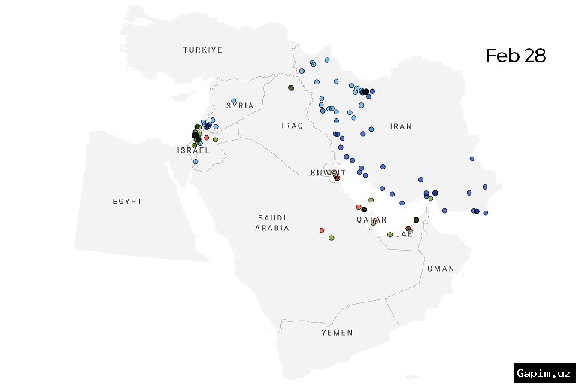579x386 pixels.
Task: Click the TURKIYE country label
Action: (x=203, y=50)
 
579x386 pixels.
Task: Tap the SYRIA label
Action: (x=241, y=105)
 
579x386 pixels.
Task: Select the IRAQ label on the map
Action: (x=293, y=126)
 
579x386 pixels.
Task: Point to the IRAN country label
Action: (x=401, y=126)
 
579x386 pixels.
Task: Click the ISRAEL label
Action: (x=193, y=150)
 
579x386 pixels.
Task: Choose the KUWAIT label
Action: (x=329, y=172)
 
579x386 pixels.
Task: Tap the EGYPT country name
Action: (x=127, y=202)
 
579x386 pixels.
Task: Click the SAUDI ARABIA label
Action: (x=271, y=222)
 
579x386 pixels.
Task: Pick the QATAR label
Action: (x=371, y=220)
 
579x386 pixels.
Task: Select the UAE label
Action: (x=404, y=234)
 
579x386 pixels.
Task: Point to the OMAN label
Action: (x=441, y=269)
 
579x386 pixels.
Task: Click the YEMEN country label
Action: (x=337, y=332)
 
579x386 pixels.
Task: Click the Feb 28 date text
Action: (x=515, y=56)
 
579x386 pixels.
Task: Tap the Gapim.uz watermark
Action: (x=545, y=373)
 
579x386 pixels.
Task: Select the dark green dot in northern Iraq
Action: (x=290, y=88)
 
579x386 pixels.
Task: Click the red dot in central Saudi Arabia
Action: (x=322, y=229)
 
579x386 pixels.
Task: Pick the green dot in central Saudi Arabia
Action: (x=331, y=238)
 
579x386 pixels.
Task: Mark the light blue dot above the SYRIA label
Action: (x=234, y=101)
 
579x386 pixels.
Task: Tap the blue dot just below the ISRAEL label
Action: (x=196, y=161)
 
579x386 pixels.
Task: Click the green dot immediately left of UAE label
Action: (x=390, y=234)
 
